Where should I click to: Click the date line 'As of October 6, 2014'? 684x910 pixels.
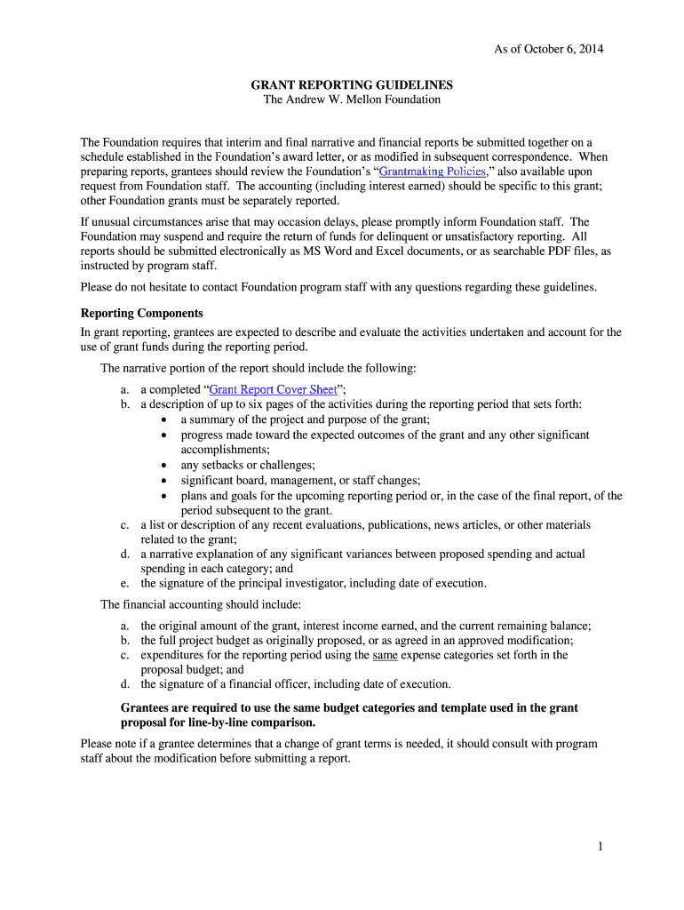[548, 49]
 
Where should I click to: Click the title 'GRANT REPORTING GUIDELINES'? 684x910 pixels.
[352, 85]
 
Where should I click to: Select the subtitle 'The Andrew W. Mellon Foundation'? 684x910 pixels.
[352, 100]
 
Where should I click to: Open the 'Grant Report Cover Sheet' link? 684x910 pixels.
[273, 389]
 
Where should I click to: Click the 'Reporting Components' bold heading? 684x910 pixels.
[142, 314]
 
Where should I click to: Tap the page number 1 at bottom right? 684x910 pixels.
[600, 847]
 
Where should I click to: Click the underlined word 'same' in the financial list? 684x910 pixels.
[385, 655]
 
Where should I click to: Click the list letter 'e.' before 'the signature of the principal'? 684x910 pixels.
[125, 583]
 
